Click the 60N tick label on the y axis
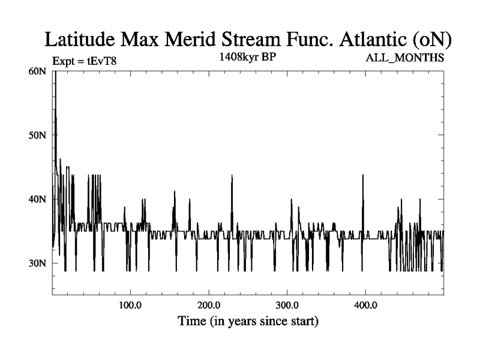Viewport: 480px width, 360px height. point(37,71)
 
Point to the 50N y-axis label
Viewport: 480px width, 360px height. point(37,136)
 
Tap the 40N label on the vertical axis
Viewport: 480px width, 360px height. point(37,199)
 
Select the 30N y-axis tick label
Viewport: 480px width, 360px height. point(37,263)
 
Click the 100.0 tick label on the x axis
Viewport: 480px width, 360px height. point(130,305)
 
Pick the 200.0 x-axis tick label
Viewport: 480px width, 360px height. point(208,305)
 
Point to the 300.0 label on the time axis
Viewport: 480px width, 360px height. point(287,305)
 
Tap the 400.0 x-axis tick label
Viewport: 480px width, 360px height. point(365,305)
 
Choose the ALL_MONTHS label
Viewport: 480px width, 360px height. point(405,58)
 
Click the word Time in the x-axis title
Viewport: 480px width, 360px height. point(193,321)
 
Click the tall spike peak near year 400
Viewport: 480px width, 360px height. point(362,175)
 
